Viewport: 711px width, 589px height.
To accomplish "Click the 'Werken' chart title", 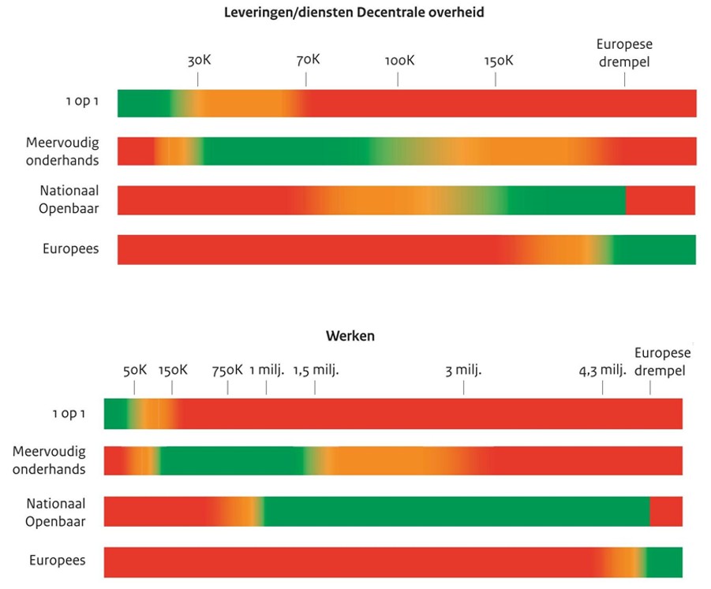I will (x=350, y=336).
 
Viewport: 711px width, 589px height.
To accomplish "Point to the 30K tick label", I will (x=199, y=60).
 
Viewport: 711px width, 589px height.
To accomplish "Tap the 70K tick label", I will (x=308, y=60).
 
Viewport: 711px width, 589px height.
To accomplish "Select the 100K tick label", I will (x=399, y=61).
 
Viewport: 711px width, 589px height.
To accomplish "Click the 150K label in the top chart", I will (x=499, y=61).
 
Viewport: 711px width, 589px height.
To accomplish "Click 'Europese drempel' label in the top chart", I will (x=624, y=53).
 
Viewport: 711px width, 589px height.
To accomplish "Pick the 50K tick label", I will (x=135, y=370).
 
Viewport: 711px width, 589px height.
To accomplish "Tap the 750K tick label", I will (x=227, y=370).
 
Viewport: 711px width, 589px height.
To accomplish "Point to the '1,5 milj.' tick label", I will (x=316, y=370).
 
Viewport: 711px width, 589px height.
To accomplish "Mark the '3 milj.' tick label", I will (x=463, y=370).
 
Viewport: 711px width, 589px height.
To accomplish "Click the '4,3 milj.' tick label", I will (x=602, y=370).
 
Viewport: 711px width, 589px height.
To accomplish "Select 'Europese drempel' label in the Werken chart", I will (x=662, y=362).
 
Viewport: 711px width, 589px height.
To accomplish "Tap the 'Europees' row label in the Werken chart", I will (x=58, y=561).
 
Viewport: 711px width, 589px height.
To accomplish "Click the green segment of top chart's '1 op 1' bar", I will (x=142, y=103).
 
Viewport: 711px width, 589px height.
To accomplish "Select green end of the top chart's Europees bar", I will (x=655, y=249).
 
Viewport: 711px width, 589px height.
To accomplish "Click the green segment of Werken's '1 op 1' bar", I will (x=114, y=414).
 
